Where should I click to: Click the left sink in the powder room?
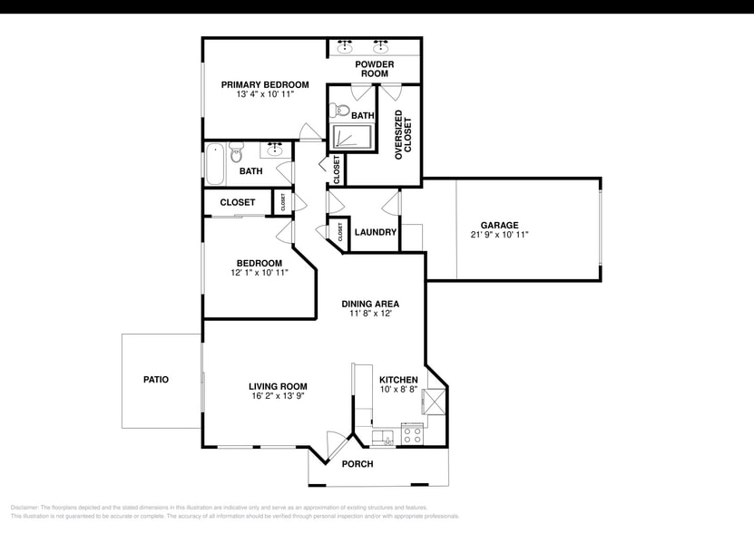[346, 46]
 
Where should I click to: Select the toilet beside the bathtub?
[237, 150]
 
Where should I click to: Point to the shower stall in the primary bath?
[349, 136]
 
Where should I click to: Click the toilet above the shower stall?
[341, 111]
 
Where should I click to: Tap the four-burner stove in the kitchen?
[412, 435]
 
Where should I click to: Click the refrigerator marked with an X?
[434, 401]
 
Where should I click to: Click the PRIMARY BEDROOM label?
[265, 84]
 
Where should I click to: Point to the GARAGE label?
[500, 225]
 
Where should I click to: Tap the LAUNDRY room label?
[376, 232]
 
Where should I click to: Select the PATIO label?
[156, 379]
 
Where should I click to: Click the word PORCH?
[357, 464]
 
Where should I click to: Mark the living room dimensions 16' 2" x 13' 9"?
[277, 396]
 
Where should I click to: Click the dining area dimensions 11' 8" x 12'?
[369, 315]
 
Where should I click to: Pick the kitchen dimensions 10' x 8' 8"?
[398, 390]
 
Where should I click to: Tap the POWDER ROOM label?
[375, 69]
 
